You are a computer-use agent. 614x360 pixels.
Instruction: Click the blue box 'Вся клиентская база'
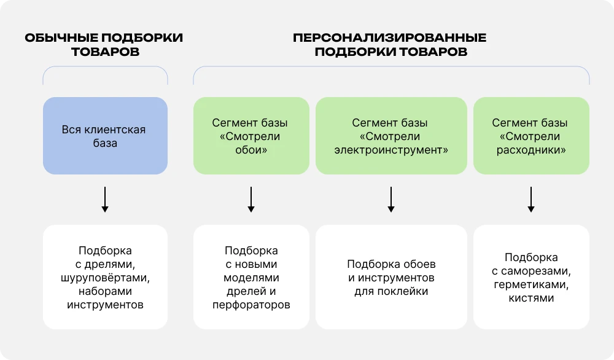click(x=105, y=135)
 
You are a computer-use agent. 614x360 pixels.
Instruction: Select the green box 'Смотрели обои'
click(x=251, y=135)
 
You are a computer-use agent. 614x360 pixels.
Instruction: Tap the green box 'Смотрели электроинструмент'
click(x=391, y=135)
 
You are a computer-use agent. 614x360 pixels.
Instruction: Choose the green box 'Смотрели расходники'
click(x=531, y=135)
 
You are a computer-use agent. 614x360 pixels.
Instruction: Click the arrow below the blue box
click(x=105, y=200)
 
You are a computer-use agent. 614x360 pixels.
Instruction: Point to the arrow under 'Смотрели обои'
click(x=251, y=200)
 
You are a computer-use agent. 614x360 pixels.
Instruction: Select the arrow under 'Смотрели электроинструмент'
click(x=391, y=200)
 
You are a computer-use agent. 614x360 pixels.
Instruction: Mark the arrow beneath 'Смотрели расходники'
click(x=531, y=200)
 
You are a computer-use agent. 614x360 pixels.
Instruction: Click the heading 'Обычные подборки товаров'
click(x=104, y=44)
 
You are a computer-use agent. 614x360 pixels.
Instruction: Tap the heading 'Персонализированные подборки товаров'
click(x=391, y=44)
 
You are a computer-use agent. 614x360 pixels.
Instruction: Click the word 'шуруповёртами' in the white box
click(x=105, y=278)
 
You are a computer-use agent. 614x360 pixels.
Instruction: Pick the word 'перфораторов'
click(x=251, y=305)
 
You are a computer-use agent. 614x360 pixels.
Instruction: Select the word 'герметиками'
click(x=531, y=284)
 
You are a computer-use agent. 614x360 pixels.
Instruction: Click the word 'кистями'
click(x=531, y=298)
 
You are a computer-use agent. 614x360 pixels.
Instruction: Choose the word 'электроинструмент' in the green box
click(x=391, y=149)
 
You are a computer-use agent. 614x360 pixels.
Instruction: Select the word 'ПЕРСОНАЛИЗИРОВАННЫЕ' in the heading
click(x=391, y=37)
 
